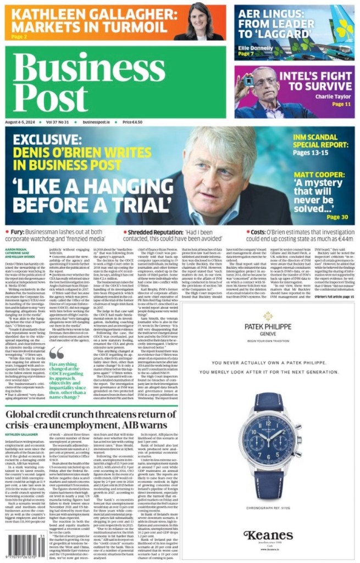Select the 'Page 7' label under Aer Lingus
[x=246, y=54]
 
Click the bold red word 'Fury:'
[x=20, y=233]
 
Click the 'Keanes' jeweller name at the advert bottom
[x=269, y=535]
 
